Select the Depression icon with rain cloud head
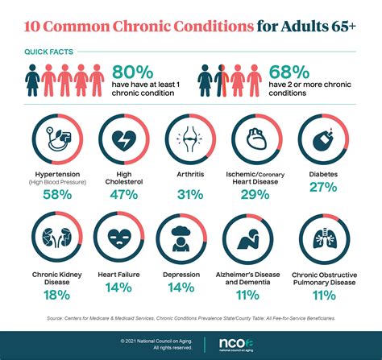(x=190, y=239)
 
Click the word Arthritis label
(x=190, y=172)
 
